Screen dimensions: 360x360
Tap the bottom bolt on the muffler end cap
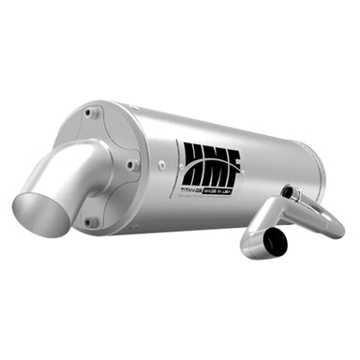tap(90, 222)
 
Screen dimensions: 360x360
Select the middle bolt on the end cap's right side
tap(132, 166)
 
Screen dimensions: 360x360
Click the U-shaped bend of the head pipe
tap(328, 217)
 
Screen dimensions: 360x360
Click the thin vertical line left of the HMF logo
tap(176, 164)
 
